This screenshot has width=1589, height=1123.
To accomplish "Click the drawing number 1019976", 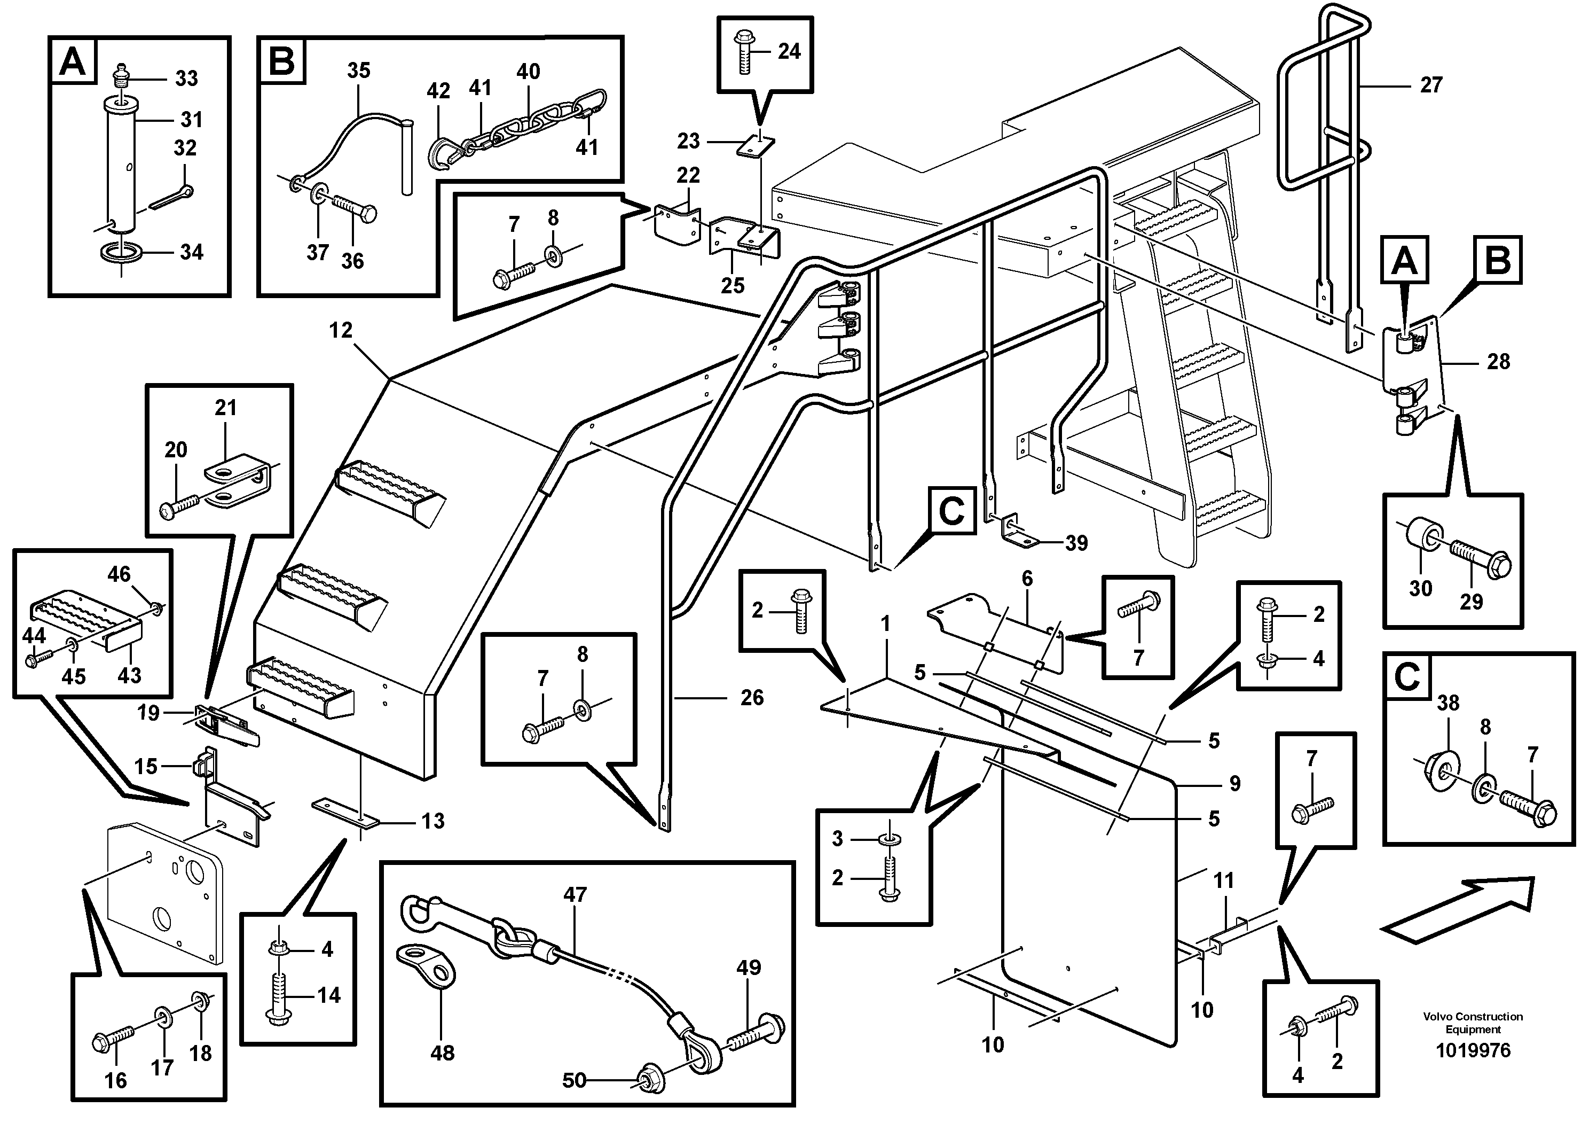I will (1473, 1050).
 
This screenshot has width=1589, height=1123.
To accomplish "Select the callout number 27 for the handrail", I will (1431, 85).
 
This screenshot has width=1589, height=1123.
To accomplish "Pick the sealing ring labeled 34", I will (122, 253).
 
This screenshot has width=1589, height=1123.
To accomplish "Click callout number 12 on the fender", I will (341, 330).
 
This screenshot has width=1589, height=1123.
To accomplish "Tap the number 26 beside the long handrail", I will (752, 697).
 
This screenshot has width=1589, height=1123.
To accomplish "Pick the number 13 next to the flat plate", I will (433, 821).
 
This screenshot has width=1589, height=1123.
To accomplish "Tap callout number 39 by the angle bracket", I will (1076, 543).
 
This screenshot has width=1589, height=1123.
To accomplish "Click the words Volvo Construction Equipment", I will (1473, 1022).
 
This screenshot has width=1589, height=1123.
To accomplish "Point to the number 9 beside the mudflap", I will (1234, 783).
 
